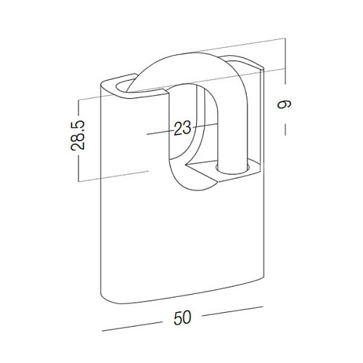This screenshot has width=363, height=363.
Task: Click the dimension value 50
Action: [182, 317]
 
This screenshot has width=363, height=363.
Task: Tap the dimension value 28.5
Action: [78, 135]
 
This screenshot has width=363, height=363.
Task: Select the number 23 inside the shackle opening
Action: [182, 128]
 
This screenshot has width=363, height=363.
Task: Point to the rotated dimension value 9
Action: [285, 105]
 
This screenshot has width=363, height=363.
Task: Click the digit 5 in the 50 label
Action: [178, 317]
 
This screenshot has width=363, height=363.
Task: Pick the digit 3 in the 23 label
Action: [187, 128]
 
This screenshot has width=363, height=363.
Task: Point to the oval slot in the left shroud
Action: [126, 86]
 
